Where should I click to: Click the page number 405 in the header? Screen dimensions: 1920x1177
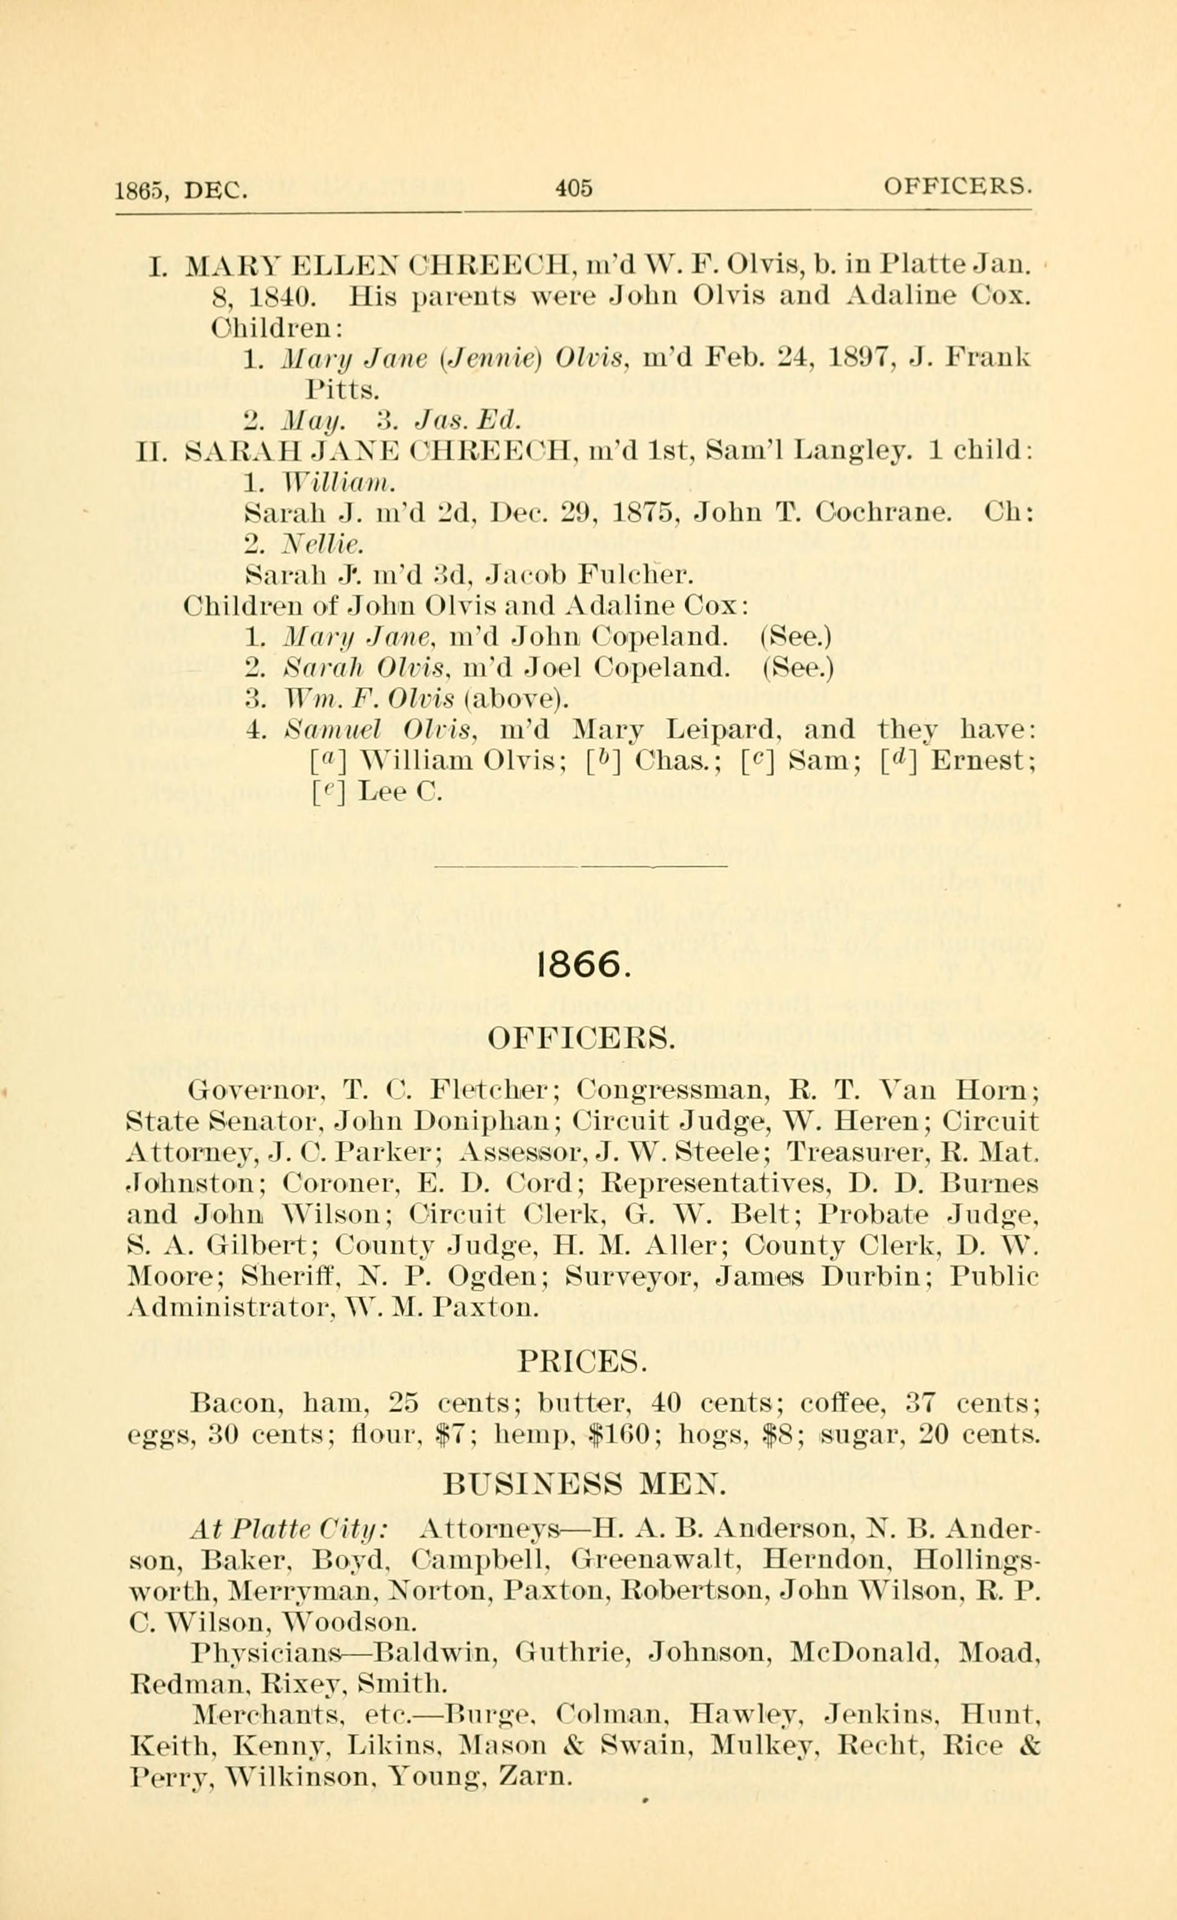click(574, 188)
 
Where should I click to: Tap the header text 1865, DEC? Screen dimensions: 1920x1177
click(181, 189)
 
